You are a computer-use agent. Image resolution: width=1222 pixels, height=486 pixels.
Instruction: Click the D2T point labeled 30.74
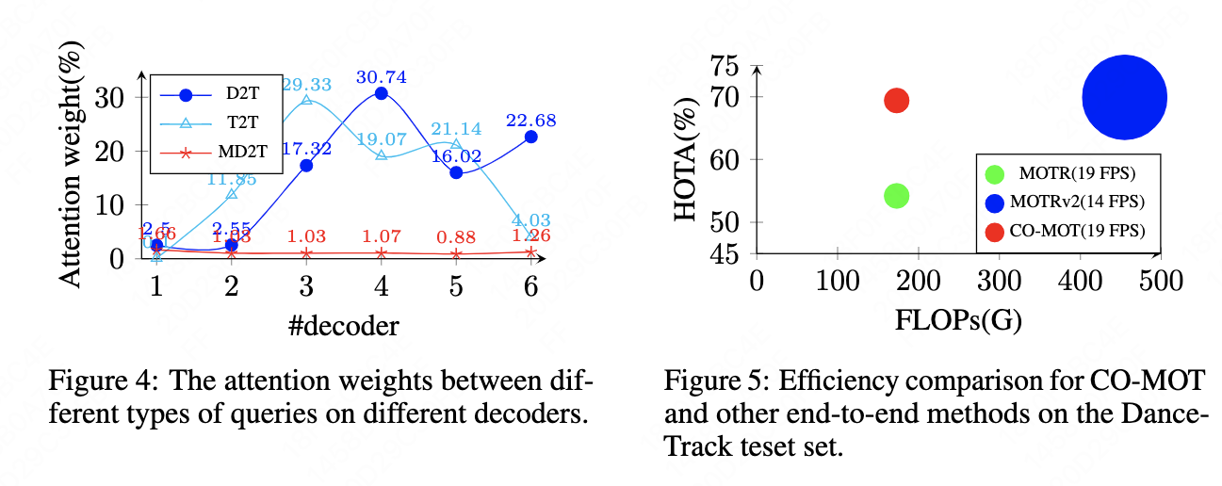pos(381,93)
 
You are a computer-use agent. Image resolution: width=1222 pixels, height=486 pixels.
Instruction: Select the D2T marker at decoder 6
pos(530,137)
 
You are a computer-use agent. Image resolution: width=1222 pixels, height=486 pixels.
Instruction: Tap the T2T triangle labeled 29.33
pos(306,100)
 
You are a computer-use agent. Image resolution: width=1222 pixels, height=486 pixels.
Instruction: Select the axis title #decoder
pos(343,326)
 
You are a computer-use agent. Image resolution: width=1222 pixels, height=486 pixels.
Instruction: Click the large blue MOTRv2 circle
pos(1124,97)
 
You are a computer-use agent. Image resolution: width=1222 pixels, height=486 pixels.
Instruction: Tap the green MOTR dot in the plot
pos(896,195)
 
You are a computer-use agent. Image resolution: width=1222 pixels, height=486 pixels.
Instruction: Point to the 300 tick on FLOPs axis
pos(999,281)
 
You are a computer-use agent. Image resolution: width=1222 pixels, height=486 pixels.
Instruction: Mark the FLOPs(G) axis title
pos(958,319)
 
